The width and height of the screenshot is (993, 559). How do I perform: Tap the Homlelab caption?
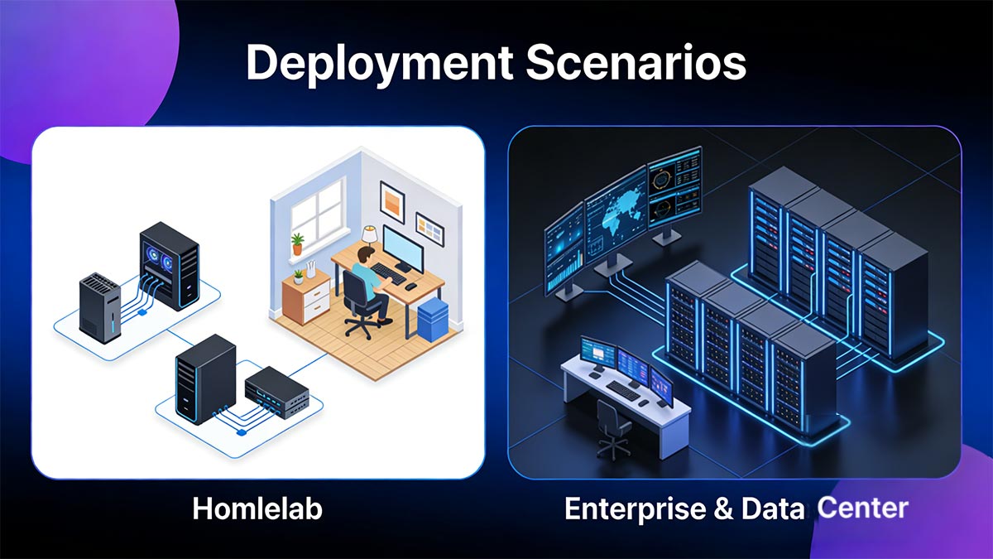point(257,508)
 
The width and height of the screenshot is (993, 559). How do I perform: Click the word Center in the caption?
point(862,507)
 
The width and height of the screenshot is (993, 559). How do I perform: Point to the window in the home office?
point(317,210)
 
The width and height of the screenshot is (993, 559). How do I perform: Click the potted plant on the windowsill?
point(297,243)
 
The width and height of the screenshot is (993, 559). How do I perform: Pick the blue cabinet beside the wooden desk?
point(432,319)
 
